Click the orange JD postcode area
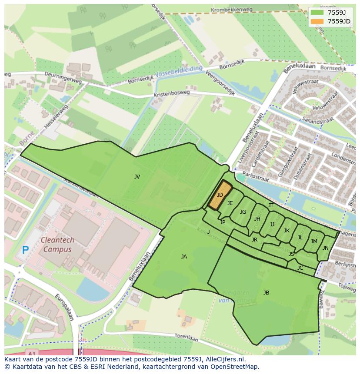click(220, 195)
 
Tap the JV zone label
click(137, 176)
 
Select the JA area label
click(184, 257)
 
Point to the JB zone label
click(266, 293)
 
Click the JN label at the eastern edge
click(325, 248)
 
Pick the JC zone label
click(300, 268)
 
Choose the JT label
click(271, 205)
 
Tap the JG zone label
click(243, 212)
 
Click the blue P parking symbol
click(25, 250)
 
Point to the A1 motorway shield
click(30, 351)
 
